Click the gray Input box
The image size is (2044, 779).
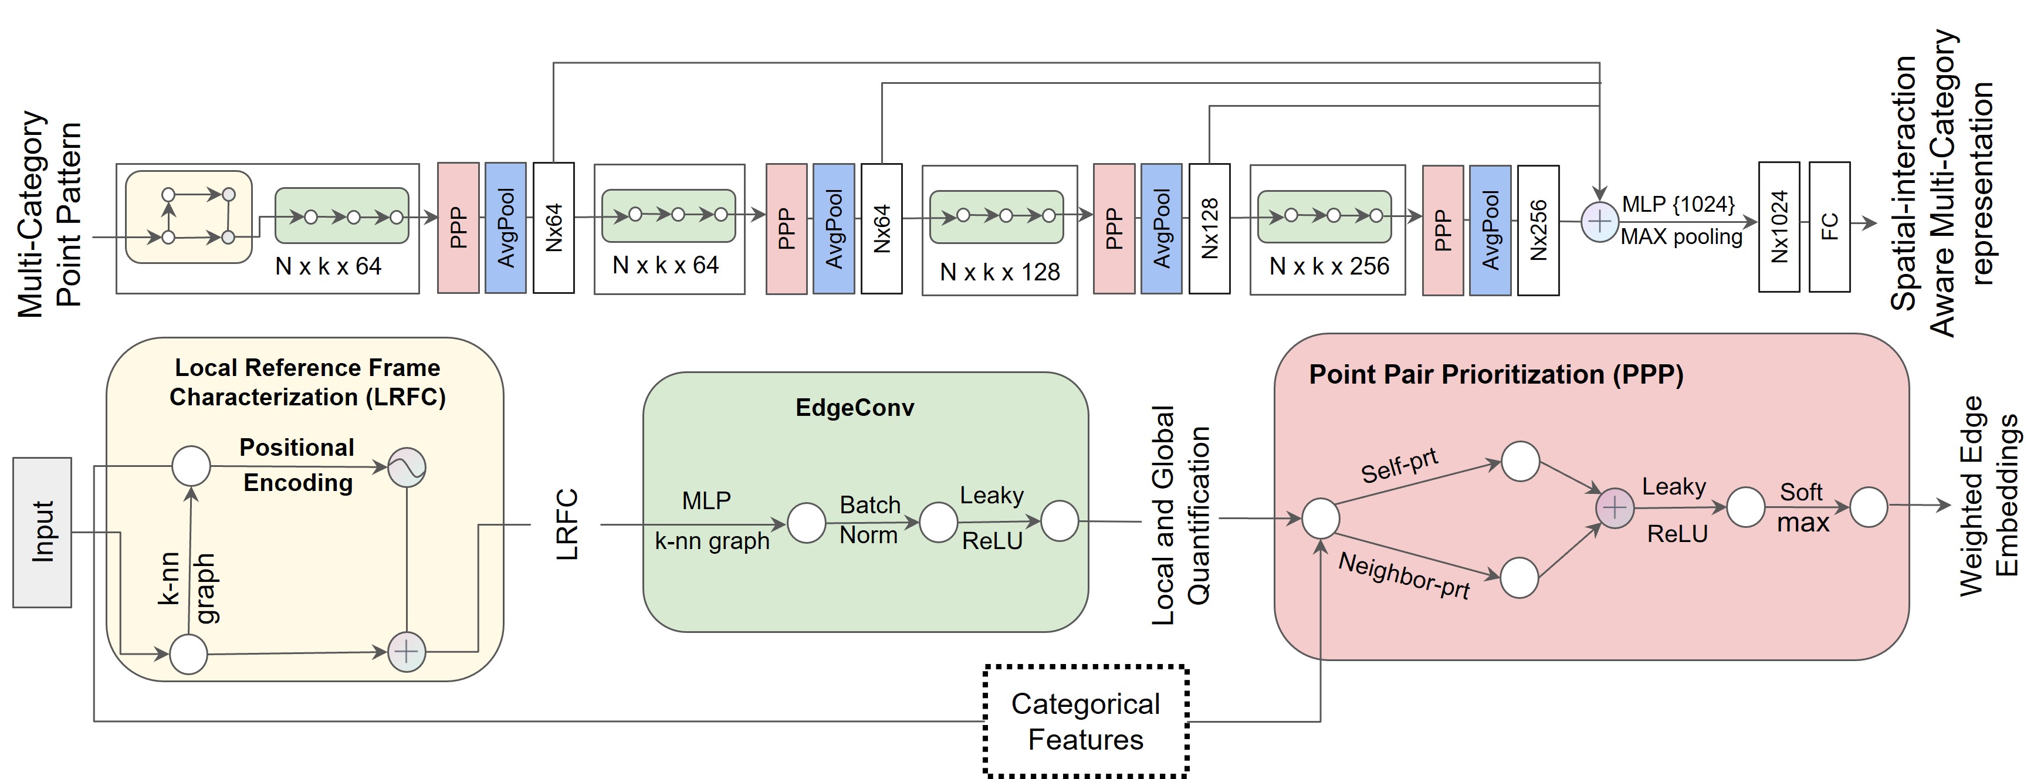click(x=42, y=532)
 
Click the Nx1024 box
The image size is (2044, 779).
click(x=1779, y=227)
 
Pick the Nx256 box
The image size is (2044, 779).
click(x=1538, y=230)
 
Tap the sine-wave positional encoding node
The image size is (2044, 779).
click(x=406, y=468)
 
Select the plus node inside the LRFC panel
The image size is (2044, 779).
click(x=406, y=652)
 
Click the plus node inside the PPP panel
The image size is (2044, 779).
click(x=1615, y=507)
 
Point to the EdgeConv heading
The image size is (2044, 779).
click(x=855, y=408)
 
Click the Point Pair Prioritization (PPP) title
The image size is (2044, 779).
click(x=1495, y=374)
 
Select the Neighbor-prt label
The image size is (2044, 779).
click(x=1404, y=576)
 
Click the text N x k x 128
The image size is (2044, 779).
click(x=1000, y=272)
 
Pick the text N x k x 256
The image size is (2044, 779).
click(x=1329, y=266)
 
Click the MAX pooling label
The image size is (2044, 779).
click(x=1681, y=237)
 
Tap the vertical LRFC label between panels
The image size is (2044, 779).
click(x=567, y=525)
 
